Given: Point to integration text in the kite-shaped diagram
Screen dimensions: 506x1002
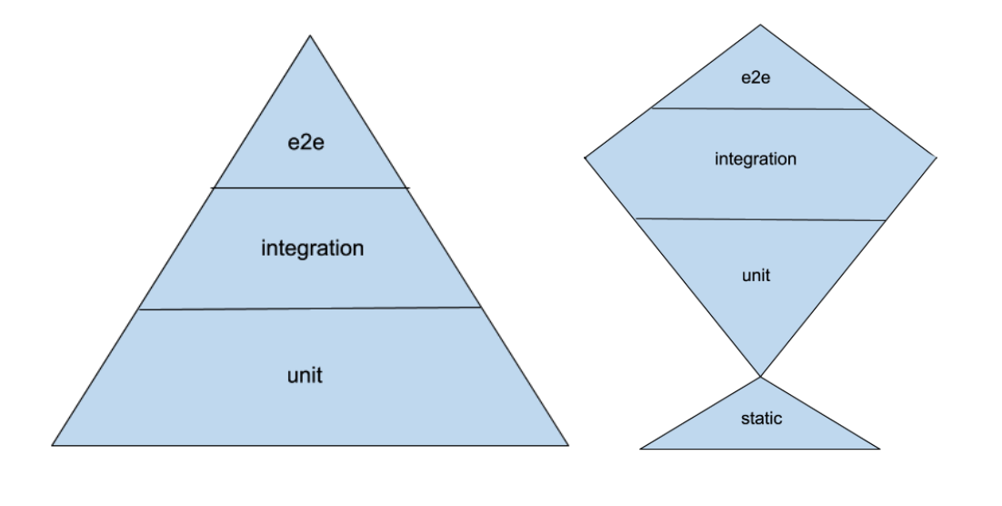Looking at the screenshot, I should [x=756, y=159].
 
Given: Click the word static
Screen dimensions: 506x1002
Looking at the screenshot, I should [x=760, y=420].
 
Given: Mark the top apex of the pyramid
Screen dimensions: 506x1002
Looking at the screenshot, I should [x=310, y=35].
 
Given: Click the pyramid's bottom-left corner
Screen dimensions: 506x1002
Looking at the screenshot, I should [x=53, y=445].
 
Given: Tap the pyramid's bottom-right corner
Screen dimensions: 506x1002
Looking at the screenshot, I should [x=569, y=445].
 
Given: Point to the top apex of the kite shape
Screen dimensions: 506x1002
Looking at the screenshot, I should [x=761, y=25].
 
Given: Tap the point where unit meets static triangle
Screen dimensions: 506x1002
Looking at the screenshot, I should [x=760, y=376].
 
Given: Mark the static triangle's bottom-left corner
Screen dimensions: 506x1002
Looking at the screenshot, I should [x=640, y=448].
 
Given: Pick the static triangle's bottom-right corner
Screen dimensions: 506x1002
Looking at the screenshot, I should [x=880, y=448].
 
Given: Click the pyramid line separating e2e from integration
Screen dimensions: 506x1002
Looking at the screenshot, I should [x=310, y=188].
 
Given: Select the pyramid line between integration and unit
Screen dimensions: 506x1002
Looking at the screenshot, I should [x=310, y=309].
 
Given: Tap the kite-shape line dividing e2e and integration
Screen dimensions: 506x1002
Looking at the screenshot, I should [x=761, y=108].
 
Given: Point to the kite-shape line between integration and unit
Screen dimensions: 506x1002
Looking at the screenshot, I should [x=760, y=219].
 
